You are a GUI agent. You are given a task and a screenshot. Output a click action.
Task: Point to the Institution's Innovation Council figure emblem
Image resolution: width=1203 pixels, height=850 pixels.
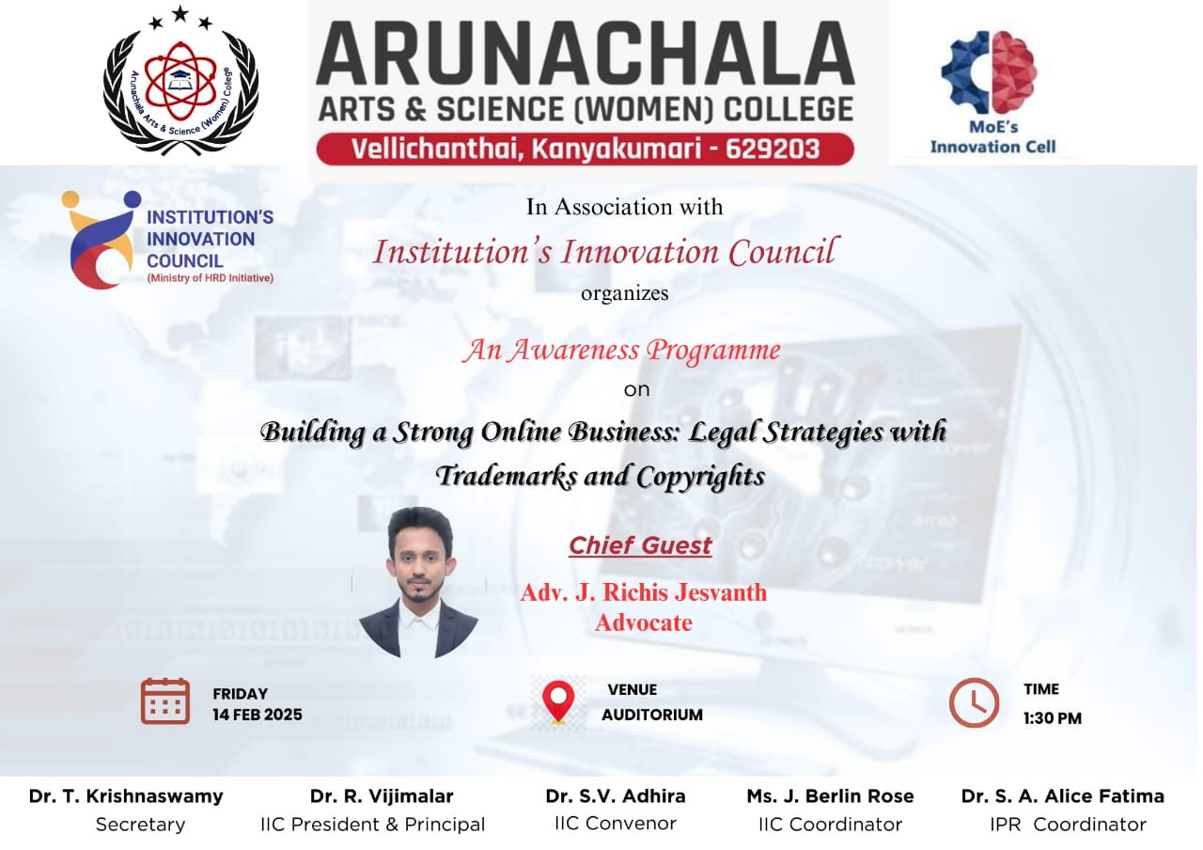point(99,239)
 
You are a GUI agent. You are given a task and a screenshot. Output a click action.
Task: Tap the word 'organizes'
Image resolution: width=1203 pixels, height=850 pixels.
point(624,292)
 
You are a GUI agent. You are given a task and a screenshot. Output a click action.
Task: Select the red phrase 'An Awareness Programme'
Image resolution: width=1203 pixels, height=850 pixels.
point(620,351)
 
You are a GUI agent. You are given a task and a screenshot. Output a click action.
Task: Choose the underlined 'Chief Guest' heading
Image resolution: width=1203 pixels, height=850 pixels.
point(640,545)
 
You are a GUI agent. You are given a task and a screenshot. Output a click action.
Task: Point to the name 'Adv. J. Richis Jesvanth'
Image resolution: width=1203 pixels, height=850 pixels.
point(644,592)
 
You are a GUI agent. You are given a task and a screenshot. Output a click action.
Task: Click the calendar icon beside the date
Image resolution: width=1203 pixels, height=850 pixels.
point(165,700)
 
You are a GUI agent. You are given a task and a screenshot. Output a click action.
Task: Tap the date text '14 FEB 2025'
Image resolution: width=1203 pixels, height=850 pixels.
point(258,715)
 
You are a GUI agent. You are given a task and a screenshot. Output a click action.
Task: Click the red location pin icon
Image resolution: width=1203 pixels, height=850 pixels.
point(558,701)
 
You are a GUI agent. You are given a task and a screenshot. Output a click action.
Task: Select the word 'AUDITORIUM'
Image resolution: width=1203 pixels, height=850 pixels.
point(652,715)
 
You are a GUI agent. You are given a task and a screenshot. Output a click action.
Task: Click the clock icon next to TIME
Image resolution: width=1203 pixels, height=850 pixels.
point(974,702)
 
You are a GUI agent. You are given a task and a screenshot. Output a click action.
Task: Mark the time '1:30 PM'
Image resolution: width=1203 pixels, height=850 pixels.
point(1053,718)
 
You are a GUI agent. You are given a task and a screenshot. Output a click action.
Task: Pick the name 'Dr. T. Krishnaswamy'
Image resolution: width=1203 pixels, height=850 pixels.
point(126,796)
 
